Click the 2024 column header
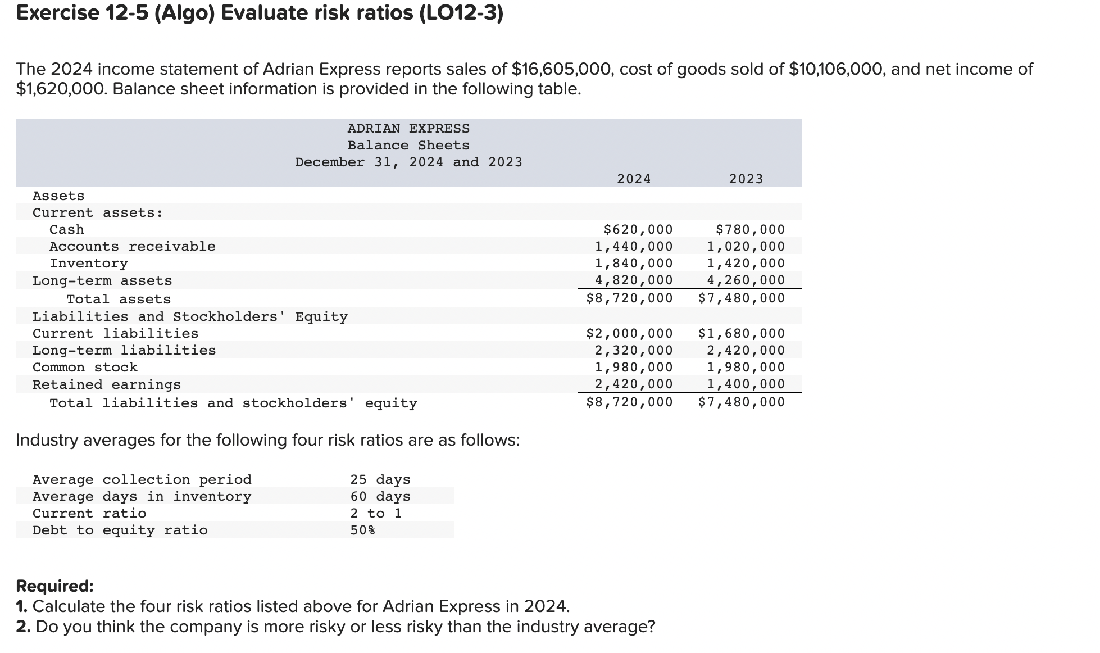point(634,179)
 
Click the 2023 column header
point(746,179)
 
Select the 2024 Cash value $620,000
point(638,229)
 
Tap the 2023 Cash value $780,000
point(751,229)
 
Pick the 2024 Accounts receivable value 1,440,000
point(634,246)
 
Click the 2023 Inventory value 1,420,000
point(746,263)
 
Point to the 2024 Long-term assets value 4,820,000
point(634,280)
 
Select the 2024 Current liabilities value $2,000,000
point(629,333)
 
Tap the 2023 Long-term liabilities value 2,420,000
point(746,350)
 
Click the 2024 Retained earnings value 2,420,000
point(634,384)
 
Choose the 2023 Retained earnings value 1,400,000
point(746,384)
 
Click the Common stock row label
point(85,367)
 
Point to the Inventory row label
point(89,263)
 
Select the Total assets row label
point(119,299)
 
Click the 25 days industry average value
point(380,479)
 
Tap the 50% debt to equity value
point(363,530)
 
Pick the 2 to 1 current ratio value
point(376,513)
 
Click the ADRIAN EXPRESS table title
point(408,129)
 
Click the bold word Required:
point(54,586)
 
